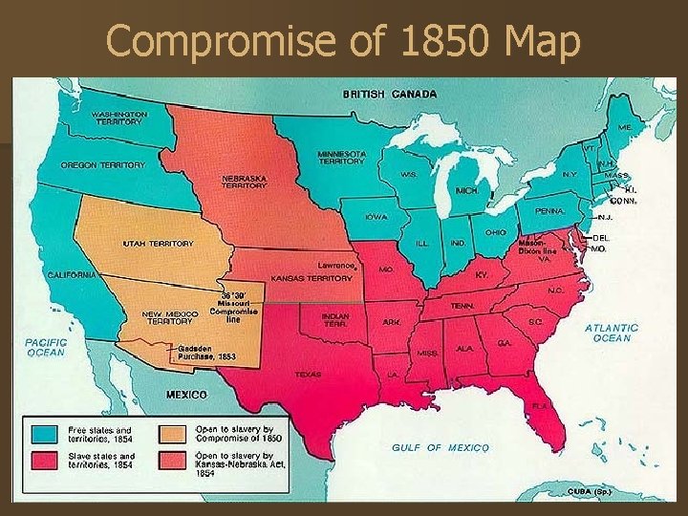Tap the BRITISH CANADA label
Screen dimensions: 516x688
coord(390,94)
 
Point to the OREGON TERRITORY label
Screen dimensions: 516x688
coord(102,164)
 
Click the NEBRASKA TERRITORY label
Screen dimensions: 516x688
coord(244,182)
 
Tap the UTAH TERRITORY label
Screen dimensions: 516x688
coord(158,244)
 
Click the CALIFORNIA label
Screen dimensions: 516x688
coord(73,274)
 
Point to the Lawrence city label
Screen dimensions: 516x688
coord(337,265)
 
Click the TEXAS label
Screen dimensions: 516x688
coord(308,375)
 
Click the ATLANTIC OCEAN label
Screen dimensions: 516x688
coord(612,332)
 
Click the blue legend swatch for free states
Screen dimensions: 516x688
coord(44,433)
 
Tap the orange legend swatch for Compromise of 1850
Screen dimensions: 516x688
coord(173,433)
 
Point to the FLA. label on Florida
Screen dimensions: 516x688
coord(542,404)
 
